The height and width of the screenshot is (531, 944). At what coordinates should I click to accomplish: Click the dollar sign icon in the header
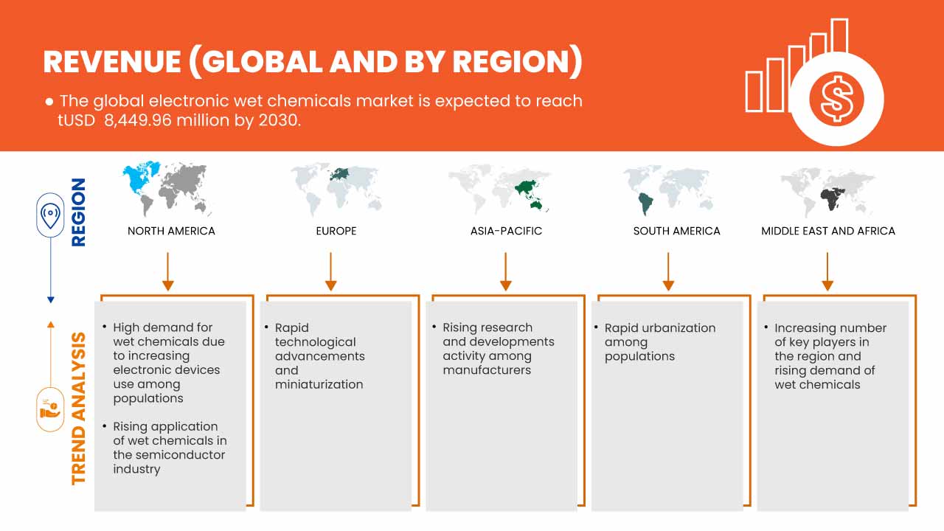tap(836, 100)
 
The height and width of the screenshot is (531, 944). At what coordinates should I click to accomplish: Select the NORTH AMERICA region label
tap(171, 231)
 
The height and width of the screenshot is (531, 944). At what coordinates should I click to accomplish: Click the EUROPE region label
tap(336, 231)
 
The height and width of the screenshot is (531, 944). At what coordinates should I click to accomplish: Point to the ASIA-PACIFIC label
tap(506, 231)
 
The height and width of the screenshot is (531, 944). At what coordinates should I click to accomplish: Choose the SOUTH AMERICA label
tap(676, 231)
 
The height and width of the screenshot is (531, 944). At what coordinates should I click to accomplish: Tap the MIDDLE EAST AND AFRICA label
tap(827, 231)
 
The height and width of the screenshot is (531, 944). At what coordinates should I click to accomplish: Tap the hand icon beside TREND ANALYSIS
tap(50, 409)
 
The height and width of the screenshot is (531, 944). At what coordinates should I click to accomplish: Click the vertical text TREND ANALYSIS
tap(78, 408)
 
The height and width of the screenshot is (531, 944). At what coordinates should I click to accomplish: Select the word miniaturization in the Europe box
tap(319, 384)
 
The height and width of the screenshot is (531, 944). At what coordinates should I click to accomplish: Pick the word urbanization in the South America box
tap(678, 327)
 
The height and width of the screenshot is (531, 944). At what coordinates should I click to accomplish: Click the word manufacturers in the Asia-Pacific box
tap(487, 370)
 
